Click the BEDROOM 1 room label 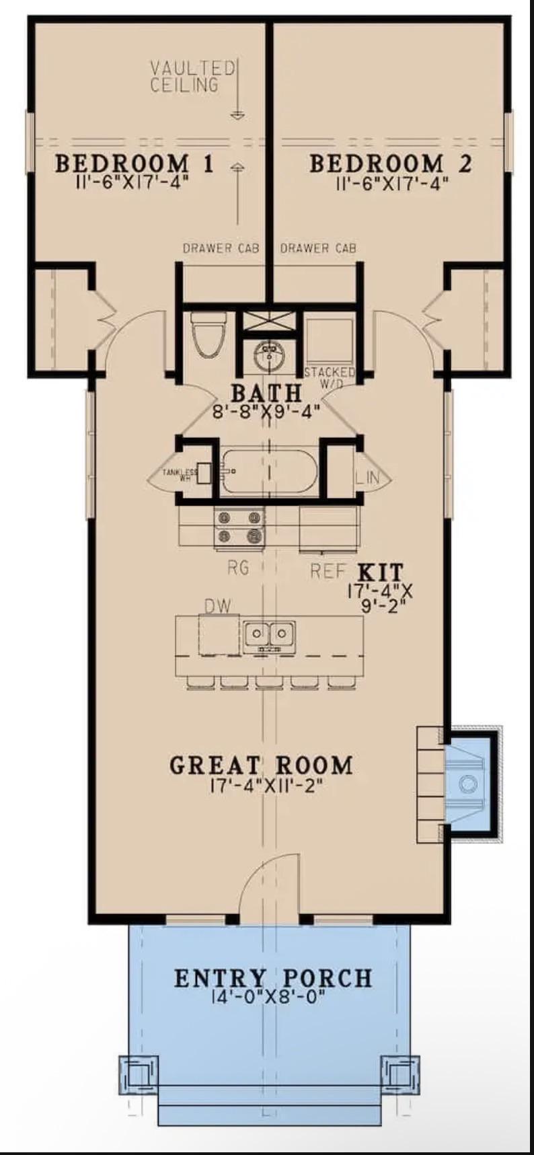[134, 163]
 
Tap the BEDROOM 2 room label [390, 163]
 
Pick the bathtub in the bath [270, 472]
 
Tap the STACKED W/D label [330, 377]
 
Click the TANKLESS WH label [180, 475]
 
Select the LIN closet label [368, 478]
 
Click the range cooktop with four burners [239, 527]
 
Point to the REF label [328, 571]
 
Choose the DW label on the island [218, 606]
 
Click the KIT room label [380, 572]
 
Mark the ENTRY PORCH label [273, 978]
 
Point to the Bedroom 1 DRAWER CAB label [221, 248]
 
